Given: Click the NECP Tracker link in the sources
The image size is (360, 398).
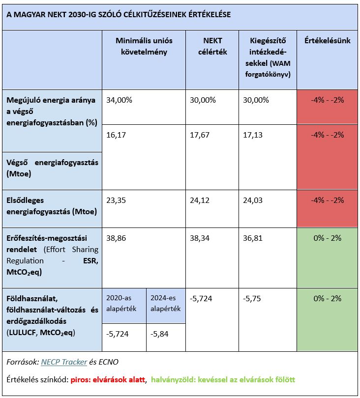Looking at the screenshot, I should pos(64,362).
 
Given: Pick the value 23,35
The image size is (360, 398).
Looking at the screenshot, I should pos(116,200).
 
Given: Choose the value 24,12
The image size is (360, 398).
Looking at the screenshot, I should pos(199,200).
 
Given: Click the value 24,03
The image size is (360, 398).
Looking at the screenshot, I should pos(253,200).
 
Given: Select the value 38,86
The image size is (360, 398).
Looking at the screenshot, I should pos(116,238).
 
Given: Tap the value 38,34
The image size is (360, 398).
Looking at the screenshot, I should pos(199,238).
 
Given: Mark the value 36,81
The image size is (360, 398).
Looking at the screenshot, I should pos(253,238).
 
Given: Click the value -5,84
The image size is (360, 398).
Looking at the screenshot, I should pos(161,333).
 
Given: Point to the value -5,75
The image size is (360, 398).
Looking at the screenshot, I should pos(253,298).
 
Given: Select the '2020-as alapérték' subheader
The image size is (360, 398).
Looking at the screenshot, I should pos(123,303).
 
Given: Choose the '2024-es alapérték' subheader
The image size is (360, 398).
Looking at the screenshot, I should pos(166,303).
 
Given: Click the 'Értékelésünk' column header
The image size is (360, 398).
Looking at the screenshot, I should pos(327,41).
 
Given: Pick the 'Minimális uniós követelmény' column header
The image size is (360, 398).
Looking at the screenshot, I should pos(144,46).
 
